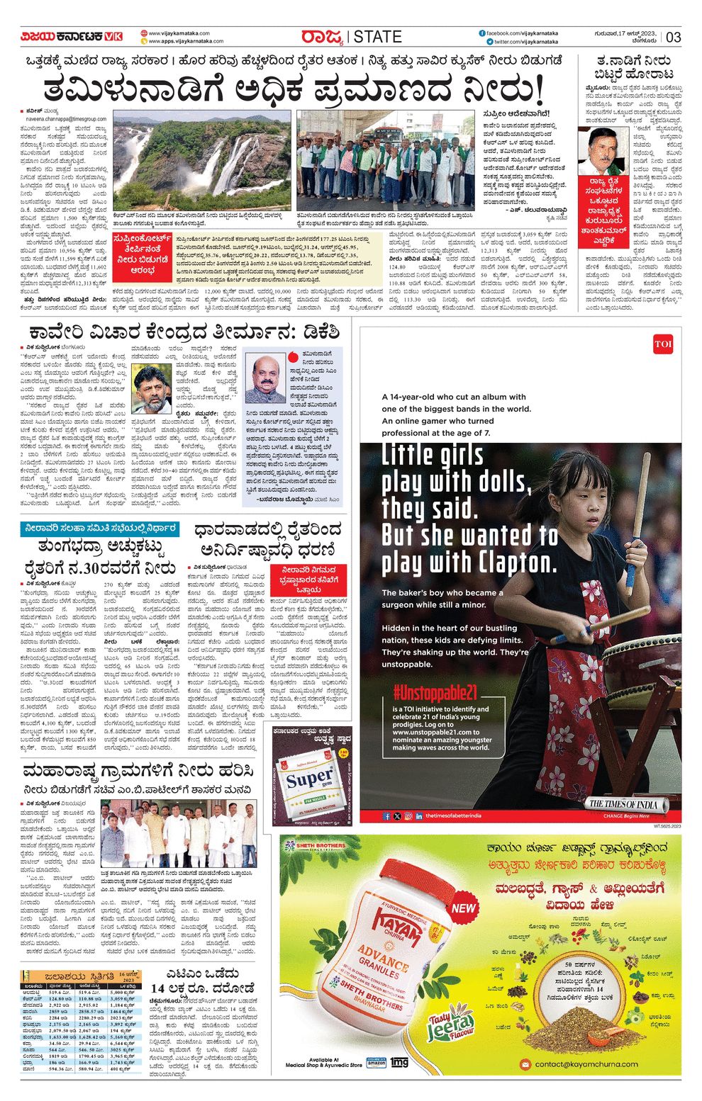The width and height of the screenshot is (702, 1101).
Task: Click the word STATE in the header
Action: coord(377,37)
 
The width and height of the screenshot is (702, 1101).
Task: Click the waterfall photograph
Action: coord(202,159)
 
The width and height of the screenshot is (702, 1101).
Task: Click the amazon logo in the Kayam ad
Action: coord(377,1063)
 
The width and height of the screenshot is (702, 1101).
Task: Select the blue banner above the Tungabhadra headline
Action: coord(99,529)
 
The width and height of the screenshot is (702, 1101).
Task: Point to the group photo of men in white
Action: coord(179,833)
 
